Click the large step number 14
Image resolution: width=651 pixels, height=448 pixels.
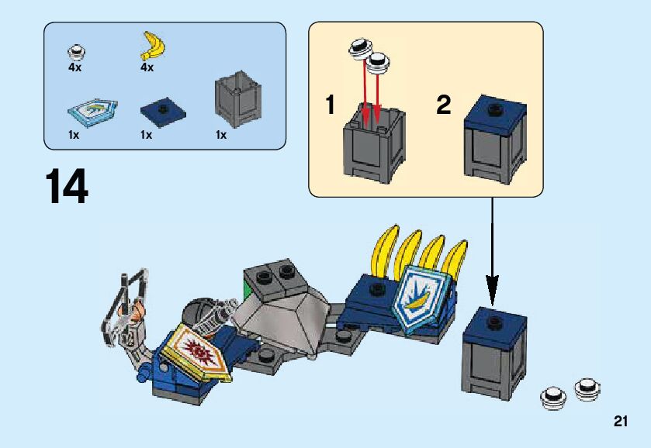click(x=66, y=188)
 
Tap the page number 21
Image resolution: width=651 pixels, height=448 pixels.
click(x=619, y=422)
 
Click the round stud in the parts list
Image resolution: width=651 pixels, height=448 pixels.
click(x=77, y=53)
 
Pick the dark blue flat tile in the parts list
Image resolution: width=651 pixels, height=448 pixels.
click(x=163, y=113)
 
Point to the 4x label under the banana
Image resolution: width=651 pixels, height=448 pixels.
click(x=147, y=67)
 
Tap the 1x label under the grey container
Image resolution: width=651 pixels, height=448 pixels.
click(x=221, y=135)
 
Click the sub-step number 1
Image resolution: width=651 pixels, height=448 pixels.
click(x=331, y=105)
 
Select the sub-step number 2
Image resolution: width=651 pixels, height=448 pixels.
click(x=443, y=105)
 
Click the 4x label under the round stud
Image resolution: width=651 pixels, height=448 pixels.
click(x=74, y=67)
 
